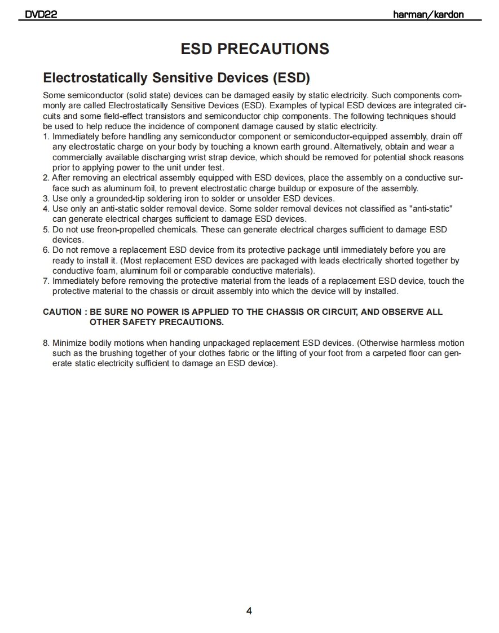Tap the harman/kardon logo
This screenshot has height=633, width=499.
click(428, 15)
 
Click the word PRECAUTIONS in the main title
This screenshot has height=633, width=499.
click(273, 49)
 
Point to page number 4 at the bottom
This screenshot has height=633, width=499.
click(249, 611)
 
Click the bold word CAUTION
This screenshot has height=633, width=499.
click(62, 312)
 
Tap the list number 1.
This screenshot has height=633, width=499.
click(46, 137)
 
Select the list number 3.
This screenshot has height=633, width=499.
click(46, 199)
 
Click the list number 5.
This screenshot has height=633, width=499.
click(46, 230)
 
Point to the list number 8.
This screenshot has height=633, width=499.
click(46, 343)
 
